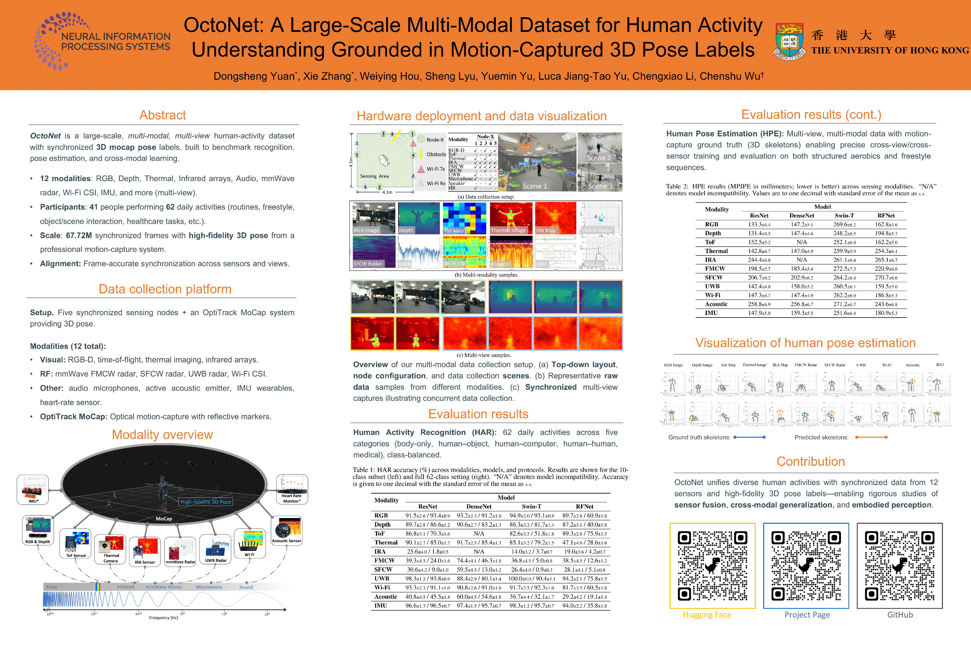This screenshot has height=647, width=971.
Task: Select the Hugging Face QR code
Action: click(x=712, y=565)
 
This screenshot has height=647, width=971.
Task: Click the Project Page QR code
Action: click(x=806, y=565)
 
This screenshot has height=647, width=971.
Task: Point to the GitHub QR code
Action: click(x=900, y=565)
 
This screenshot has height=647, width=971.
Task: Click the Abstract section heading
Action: click(x=163, y=115)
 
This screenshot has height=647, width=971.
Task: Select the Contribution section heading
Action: click(x=811, y=461)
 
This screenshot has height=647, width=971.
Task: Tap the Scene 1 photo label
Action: click(x=535, y=186)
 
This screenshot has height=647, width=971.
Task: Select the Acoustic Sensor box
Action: click(x=287, y=531)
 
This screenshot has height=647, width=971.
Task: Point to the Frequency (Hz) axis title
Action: click(x=163, y=618)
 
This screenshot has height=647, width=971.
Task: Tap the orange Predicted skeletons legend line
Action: click(x=871, y=437)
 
